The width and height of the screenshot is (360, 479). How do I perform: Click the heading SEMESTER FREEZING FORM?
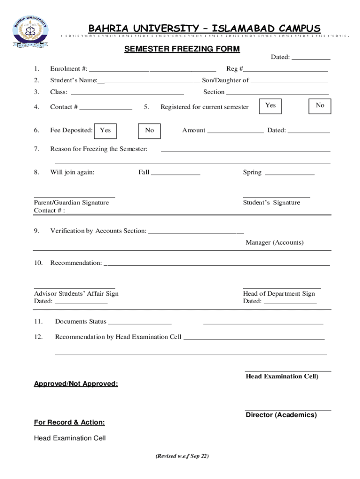182,49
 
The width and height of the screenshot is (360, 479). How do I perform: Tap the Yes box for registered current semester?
271,106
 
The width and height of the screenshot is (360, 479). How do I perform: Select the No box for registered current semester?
320,106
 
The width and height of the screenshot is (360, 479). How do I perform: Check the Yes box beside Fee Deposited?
106,131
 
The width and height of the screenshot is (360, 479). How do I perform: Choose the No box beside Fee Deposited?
150,131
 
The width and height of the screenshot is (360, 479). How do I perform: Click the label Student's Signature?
272,203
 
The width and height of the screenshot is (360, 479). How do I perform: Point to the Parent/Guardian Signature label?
72,203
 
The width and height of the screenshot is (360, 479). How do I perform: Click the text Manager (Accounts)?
274,242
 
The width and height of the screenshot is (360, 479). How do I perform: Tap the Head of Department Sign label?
279,293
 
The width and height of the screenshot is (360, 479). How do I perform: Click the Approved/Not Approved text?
76,384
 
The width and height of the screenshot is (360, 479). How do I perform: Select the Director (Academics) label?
281,415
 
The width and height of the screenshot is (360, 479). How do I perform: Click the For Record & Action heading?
70,422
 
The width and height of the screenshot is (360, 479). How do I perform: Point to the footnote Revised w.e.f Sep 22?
182,457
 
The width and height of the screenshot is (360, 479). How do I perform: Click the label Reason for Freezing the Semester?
99,149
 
